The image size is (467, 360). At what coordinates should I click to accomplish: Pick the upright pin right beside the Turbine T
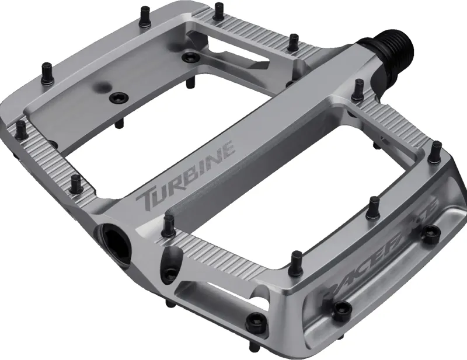click(x=169, y=222)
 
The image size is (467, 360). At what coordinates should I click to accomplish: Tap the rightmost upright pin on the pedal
click(x=435, y=152)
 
